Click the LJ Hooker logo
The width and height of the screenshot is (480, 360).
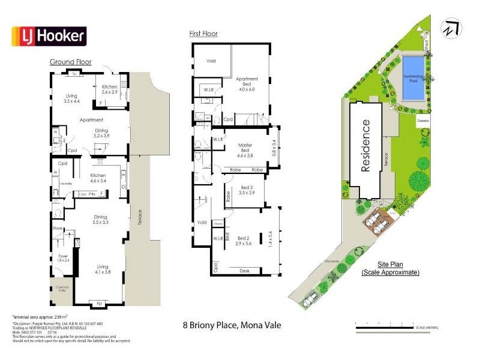[50, 37]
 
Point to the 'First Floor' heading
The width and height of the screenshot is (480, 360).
[203, 34]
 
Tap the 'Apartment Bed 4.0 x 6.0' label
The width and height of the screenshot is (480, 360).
[247, 84]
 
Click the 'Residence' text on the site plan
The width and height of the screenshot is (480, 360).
[365, 146]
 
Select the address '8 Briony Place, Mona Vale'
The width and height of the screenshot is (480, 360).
[232, 326]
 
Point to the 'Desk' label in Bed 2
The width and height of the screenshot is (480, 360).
[244, 271]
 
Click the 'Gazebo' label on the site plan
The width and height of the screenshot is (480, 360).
[423, 121]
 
